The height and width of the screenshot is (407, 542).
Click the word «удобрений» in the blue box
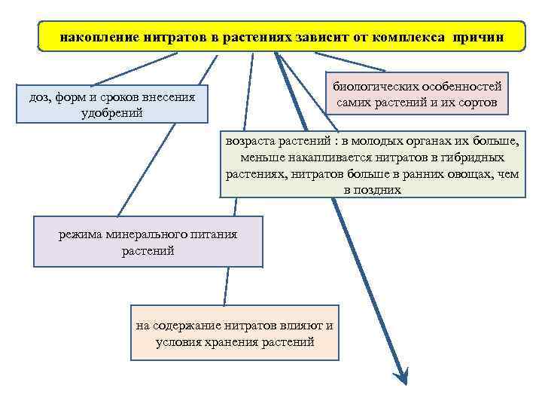click(x=112, y=112)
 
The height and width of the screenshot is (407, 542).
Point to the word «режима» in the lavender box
click(x=81, y=234)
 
